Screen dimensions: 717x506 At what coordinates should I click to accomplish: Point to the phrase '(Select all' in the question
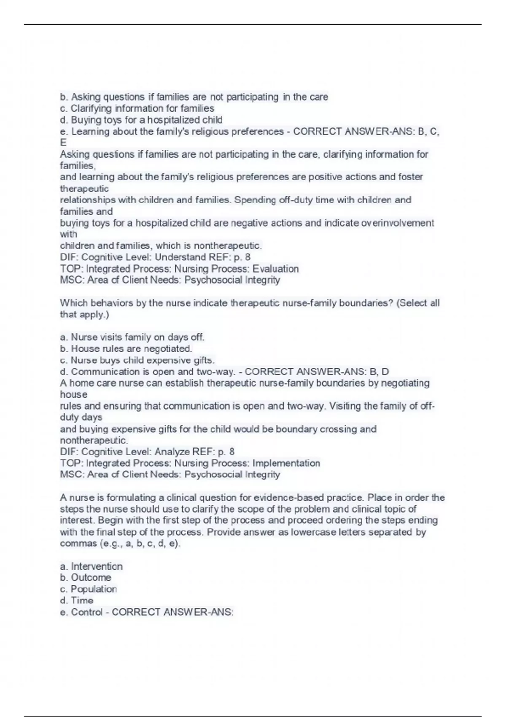[x=418, y=303]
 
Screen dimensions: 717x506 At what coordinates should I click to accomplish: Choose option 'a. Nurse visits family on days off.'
[x=132, y=337]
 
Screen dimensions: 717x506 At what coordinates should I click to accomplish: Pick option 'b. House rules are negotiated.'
[x=126, y=349]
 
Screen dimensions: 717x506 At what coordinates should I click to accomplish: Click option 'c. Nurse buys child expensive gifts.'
[x=137, y=360]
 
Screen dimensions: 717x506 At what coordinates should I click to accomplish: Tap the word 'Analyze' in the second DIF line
[x=172, y=452]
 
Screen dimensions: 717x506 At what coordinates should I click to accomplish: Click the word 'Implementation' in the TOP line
[x=286, y=463]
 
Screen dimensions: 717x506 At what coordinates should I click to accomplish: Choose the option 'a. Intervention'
[x=92, y=566]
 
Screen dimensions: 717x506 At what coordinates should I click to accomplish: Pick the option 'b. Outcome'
[x=86, y=578]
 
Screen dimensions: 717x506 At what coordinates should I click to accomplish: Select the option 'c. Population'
[x=89, y=589]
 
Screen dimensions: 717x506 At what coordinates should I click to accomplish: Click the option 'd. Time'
[x=77, y=601]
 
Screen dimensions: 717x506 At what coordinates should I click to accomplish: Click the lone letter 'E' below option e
[x=63, y=143]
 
